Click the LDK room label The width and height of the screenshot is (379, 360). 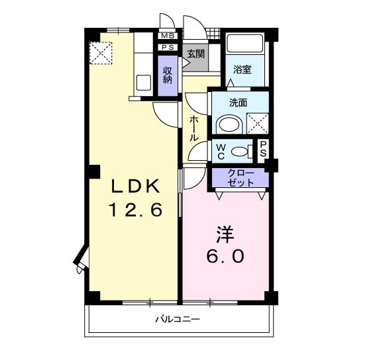coord(131,186)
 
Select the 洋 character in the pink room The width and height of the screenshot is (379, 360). coord(226,234)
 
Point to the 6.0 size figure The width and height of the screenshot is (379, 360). coord(226,256)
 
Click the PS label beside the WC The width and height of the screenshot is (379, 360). coord(263,150)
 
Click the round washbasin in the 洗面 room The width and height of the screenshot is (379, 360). coord(230,124)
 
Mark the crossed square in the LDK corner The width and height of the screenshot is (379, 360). coord(101,53)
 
